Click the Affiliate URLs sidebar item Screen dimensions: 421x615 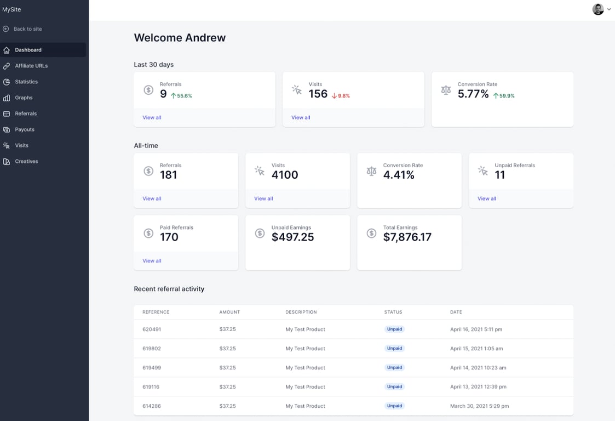coord(31,66)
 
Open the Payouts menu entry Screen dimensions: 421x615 coord(25,129)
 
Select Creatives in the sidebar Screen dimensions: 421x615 coord(26,161)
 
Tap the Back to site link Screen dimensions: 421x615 coord(27,29)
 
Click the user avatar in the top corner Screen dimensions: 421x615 coord(598,9)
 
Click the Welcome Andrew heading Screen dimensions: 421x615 coord(180,38)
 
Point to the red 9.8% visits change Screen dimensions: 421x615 coord(341,96)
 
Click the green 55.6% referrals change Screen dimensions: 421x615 coord(182,96)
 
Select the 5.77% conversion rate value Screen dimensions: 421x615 coord(473,94)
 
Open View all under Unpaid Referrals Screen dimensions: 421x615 coord(486,198)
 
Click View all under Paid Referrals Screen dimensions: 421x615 coord(152,261)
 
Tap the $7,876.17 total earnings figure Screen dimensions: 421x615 coord(407,237)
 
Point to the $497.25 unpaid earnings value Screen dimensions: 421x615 coord(292,237)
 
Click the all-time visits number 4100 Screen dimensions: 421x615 coord(285,175)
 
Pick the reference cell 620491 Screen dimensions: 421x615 coord(152,329)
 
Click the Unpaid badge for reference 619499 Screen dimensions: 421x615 coord(394,368)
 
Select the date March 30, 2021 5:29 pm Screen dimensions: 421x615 coord(479,406)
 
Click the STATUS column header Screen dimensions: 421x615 coord(393,312)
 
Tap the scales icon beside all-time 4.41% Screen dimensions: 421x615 coord(371,171)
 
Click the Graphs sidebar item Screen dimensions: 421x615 coord(24,98)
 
